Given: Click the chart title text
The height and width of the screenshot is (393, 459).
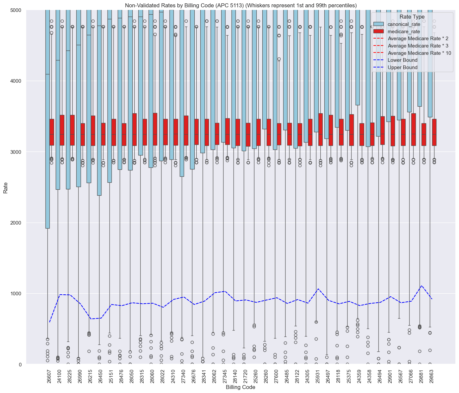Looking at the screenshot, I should click(241, 5).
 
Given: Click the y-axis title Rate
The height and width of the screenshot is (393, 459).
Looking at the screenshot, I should click(5, 187).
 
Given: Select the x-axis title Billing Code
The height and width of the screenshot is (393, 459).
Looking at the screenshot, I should click(240, 387).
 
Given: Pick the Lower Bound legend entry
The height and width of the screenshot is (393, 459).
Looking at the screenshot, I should click(402, 60).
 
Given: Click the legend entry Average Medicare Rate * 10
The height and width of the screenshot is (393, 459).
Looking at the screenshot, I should click(419, 53).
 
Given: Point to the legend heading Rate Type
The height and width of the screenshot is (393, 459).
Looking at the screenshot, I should click(412, 17).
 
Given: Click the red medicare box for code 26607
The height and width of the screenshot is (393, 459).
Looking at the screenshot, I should click(52, 132).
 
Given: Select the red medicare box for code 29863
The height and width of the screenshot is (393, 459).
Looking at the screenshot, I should click(434, 132).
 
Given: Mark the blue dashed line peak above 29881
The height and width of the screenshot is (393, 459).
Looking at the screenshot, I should click(422, 286).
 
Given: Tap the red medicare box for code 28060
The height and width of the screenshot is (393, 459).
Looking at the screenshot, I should click(155, 129).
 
